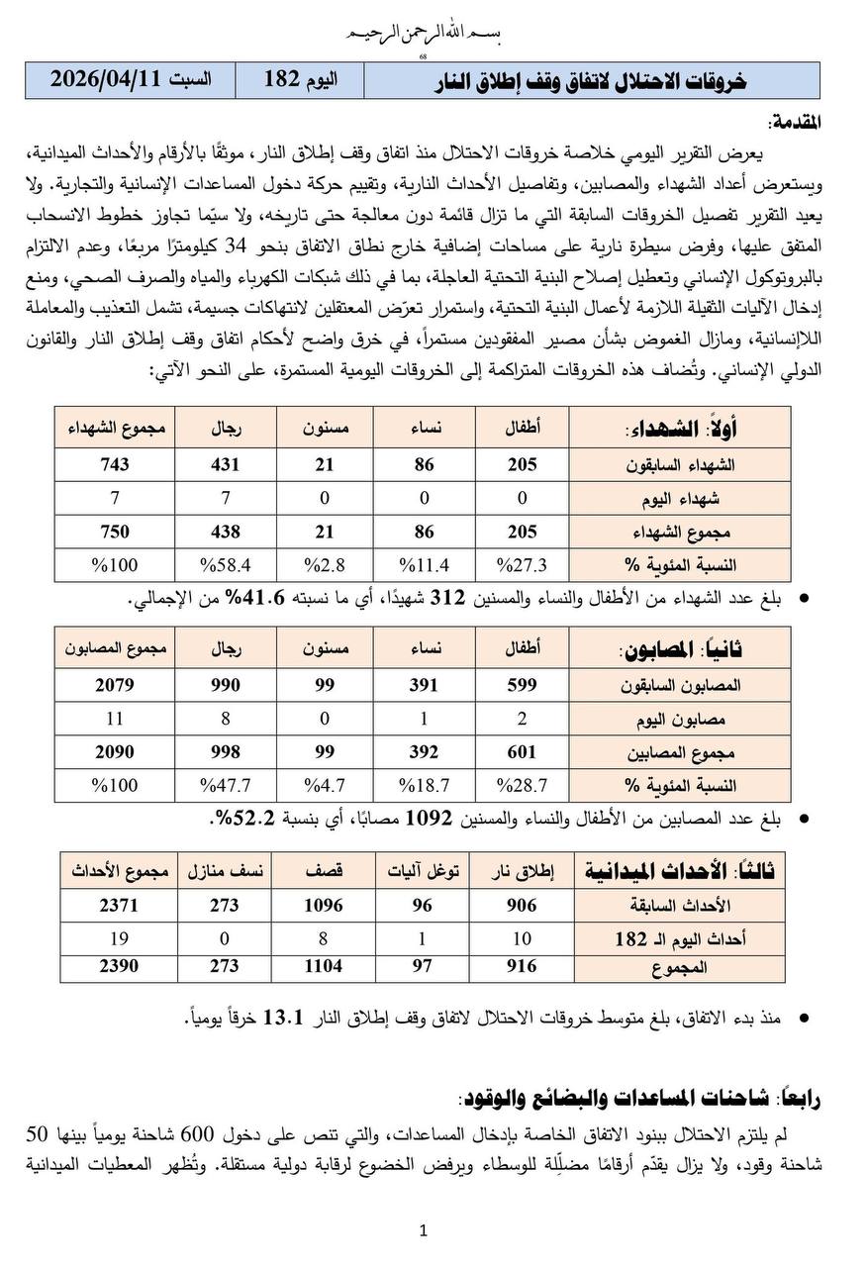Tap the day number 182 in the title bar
coord(282,80)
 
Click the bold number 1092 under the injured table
coord(432,819)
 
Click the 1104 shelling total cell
coord(323,966)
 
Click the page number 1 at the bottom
coord(423,1230)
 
